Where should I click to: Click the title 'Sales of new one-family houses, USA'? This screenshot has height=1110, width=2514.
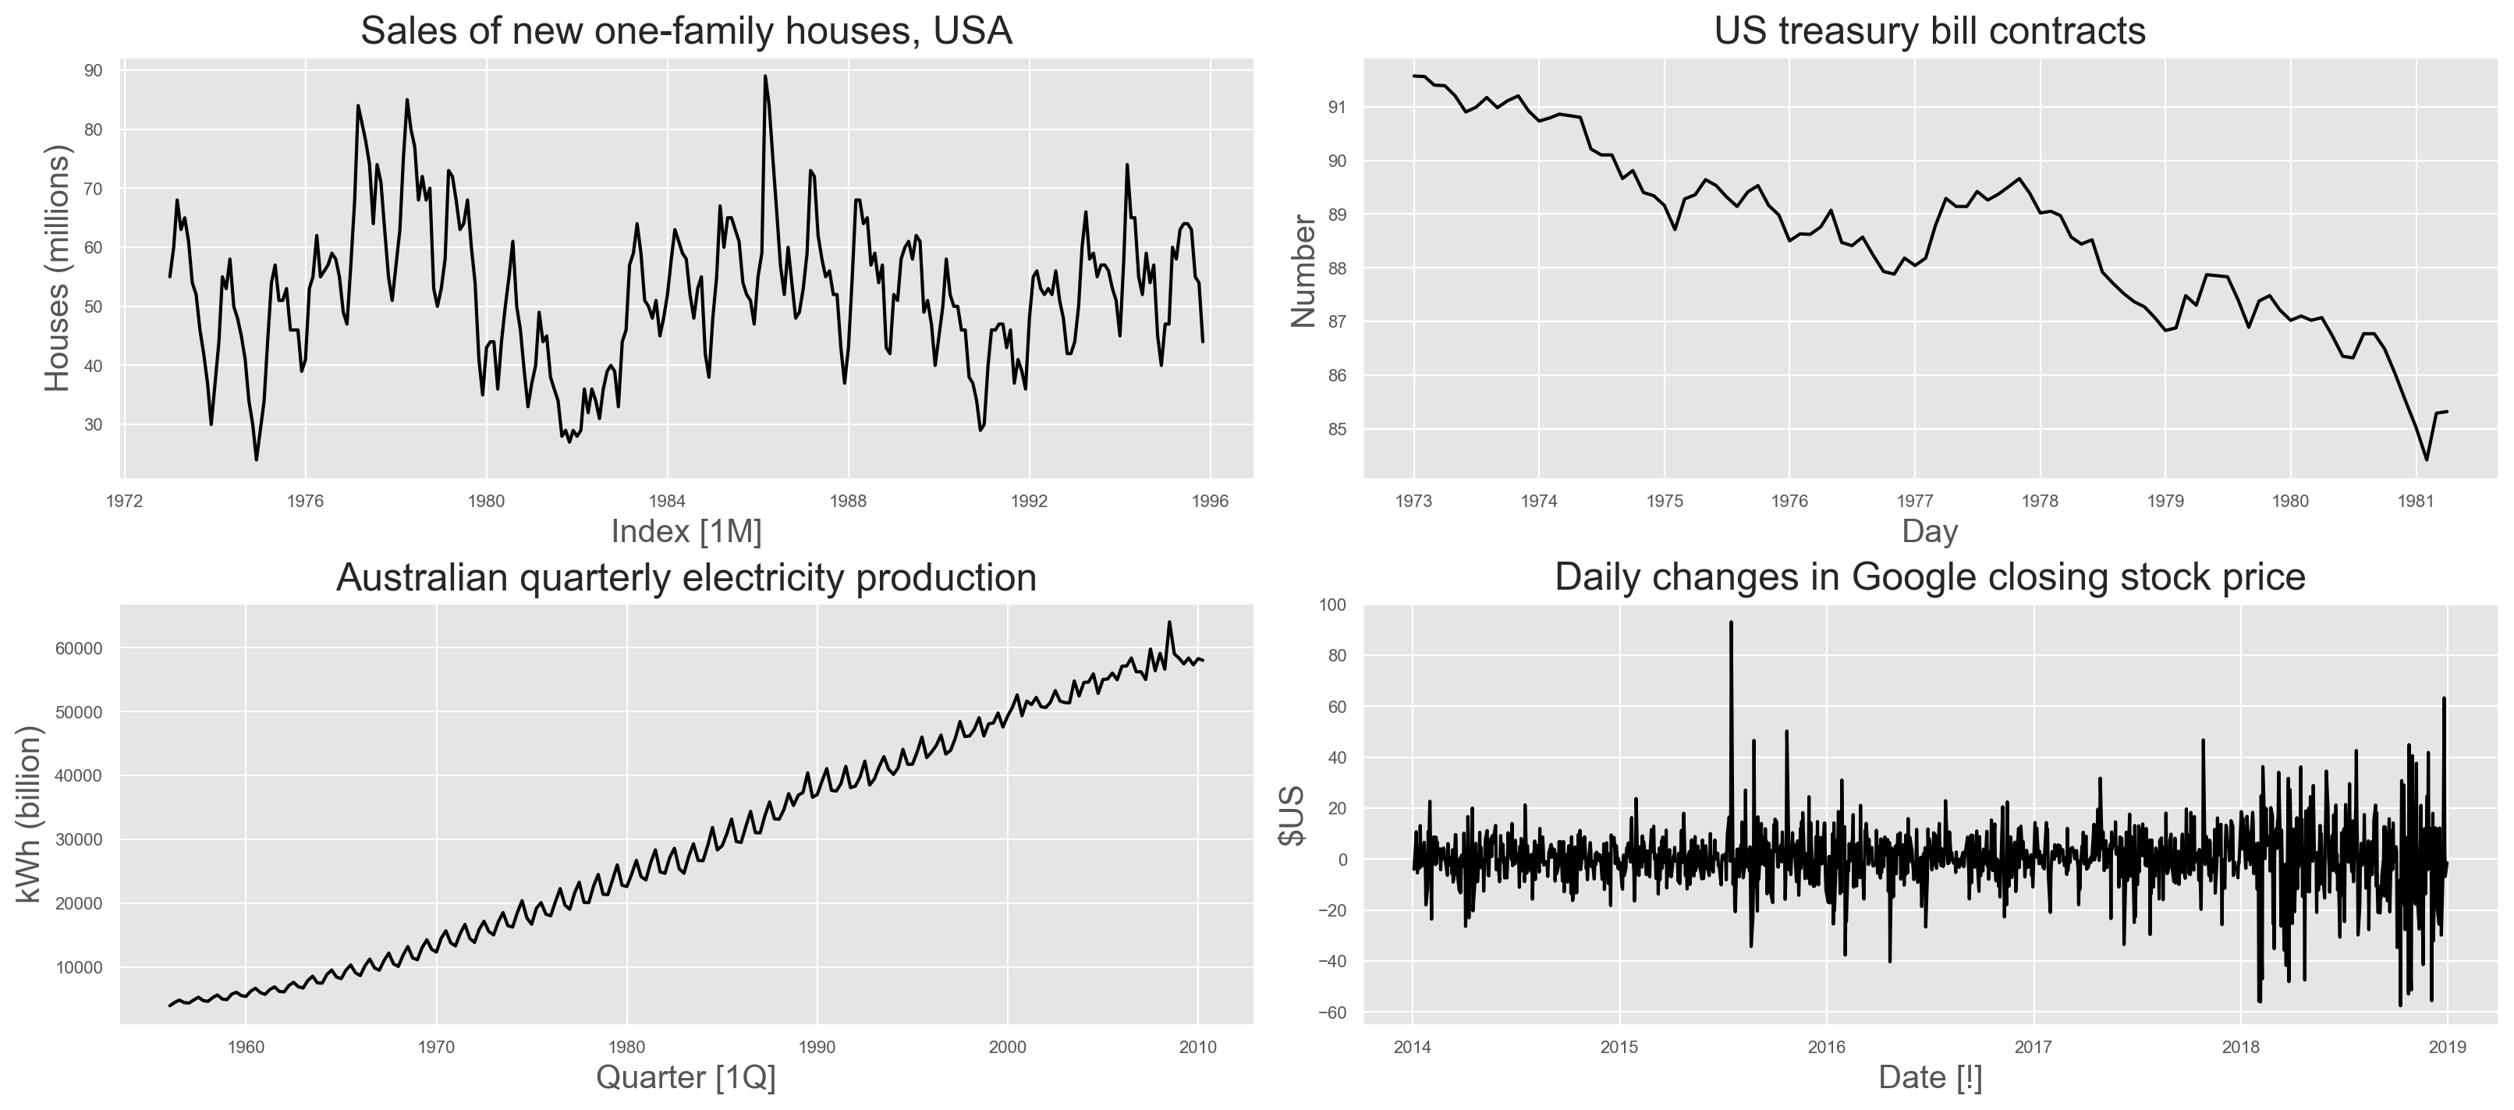coord(686,31)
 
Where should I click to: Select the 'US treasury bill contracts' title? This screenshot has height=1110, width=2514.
coord(1930,31)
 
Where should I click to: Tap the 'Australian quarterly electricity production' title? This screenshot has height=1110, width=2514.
coord(686,578)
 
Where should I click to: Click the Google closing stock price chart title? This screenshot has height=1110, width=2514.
coord(1930,578)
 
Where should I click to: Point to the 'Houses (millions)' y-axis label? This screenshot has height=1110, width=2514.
coord(59,268)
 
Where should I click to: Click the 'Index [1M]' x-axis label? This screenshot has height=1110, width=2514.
coord(686,532)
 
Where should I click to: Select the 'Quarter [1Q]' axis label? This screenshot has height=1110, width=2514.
coord(686,1078)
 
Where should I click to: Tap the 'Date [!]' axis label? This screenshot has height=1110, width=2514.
coord(1930,1078)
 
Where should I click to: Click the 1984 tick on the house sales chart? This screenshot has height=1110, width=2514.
coord(668,502)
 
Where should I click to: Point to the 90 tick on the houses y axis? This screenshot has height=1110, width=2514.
coord(94,70)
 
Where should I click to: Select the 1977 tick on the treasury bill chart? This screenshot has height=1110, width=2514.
coord(1915,502)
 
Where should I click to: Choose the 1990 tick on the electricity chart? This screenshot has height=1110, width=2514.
coord(817,1048)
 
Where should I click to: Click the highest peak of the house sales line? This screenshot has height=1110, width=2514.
coord(765,76)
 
